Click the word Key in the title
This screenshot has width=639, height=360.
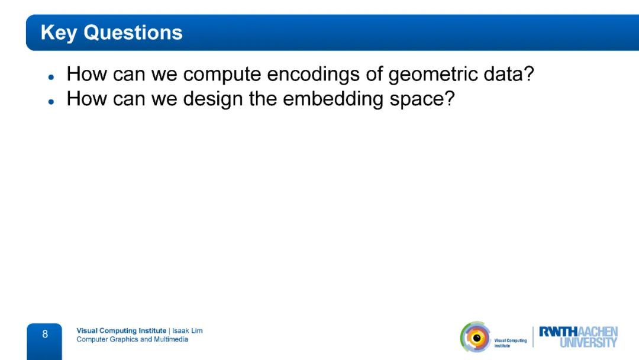59,33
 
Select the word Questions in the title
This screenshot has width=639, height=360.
133,32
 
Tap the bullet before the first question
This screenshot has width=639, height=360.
51,76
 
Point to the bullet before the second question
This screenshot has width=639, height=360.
51,101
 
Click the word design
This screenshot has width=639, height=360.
213,99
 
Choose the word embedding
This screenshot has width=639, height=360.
333,99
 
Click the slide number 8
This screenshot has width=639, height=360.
45,335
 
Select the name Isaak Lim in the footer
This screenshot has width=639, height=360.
188,330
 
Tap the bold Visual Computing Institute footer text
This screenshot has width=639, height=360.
121,330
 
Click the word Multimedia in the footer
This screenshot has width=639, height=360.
171,339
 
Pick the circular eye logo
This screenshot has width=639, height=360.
476,337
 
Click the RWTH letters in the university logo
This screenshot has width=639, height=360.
558,332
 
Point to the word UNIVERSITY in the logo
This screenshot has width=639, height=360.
589,342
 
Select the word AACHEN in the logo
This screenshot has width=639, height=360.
598,332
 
